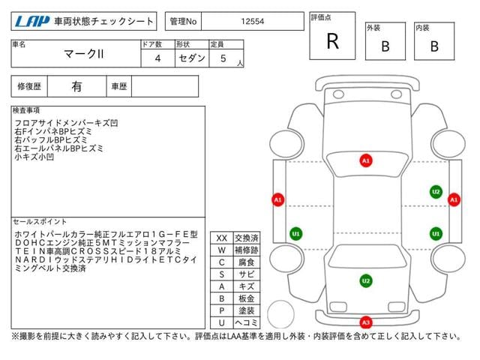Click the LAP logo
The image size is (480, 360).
pyautogui.click(x=31, y=22)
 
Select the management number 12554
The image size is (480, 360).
pyautogui.click(x=252, y=22)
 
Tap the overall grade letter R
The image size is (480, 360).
pyautogui.click(x=333, y=41)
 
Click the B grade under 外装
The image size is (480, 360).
pyautogui.click(x=385, y=46)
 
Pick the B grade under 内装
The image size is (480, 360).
pyautogui.click(x=434, y=46)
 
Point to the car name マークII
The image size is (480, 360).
pyautogui.click(x=84, y=54)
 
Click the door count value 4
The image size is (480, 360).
pyautogui.click(x=157, y=58)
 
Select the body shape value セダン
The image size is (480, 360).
pyautogui.click(x=192, y=58)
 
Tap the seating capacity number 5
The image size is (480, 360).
pyautogui.click(x=223, y=58)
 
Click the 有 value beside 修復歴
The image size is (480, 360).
pyautogui.click(x=76, y=87)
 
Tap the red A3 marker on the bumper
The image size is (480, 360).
pyautogui.click(x=366, y=322)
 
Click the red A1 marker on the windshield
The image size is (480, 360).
pyautogui.click(x=366, y=160)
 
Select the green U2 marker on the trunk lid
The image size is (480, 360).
pyautogui.click(x=366, y=281)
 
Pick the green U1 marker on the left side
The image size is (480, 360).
pyautogui.click(x=295, y=234)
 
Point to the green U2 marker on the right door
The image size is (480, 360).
pyautogui.click(x=436, y=192)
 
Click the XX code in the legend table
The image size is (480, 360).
pyautogui.click(x=222, y=238)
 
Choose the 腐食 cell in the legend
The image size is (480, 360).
pyautogui.click(x=247, y=262)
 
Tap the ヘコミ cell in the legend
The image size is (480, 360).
pyautogui.click(x=247, y=322)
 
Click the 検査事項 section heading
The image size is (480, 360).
pyautogui.click(x=26, y=110)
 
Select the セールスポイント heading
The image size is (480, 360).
pyautogui.click(x=40, y=221)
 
